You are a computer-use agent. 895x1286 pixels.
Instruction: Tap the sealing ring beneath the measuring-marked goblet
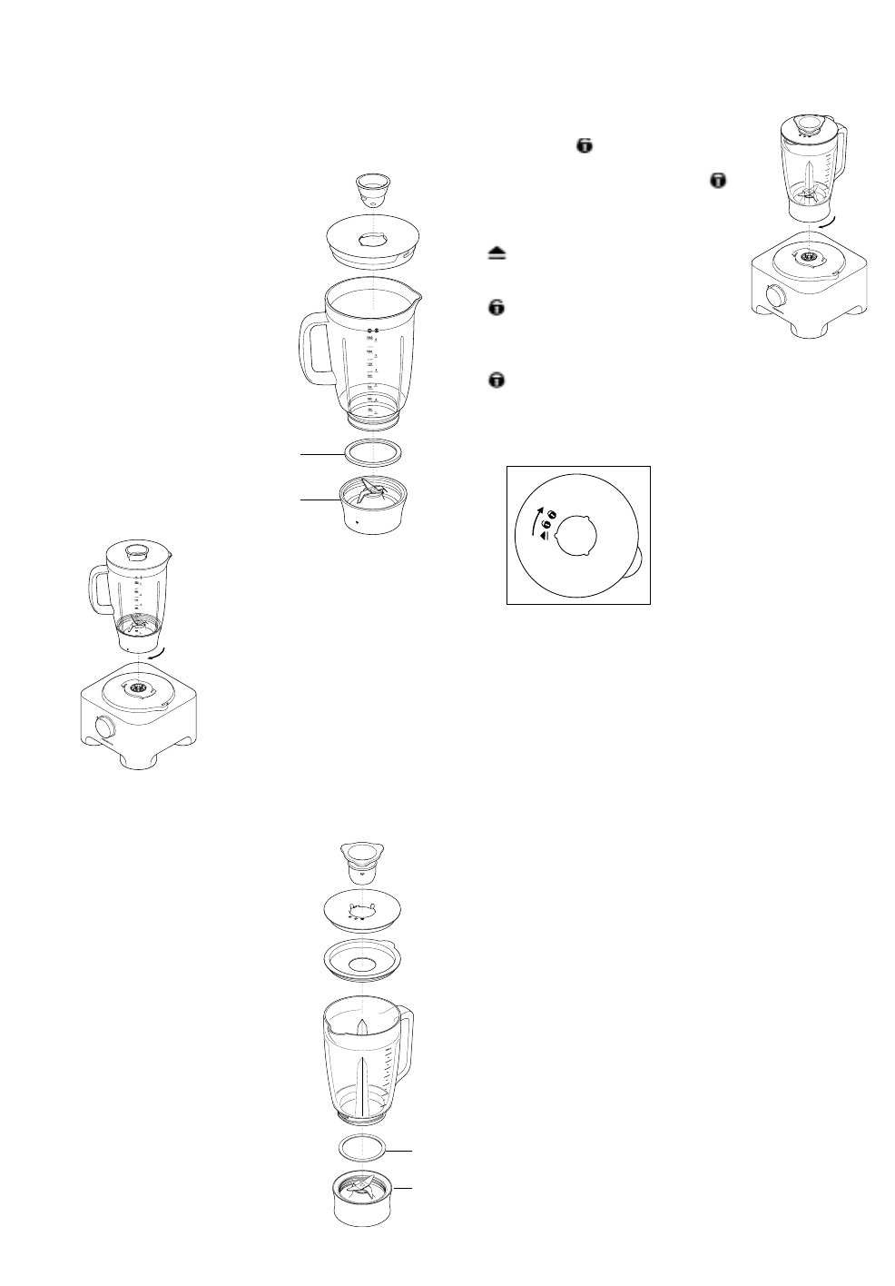[x=372, y=451]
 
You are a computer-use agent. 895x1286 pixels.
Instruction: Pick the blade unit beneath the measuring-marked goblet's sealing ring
[x=371, y=509]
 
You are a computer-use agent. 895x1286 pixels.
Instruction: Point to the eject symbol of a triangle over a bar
[x=496, y=255]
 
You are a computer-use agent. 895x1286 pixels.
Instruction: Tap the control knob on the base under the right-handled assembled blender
[x=776, y=296]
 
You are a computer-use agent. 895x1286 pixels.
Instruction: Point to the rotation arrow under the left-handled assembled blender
[x=158, y=652]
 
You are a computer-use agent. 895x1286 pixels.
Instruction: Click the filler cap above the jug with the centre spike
[x=361, y=859]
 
